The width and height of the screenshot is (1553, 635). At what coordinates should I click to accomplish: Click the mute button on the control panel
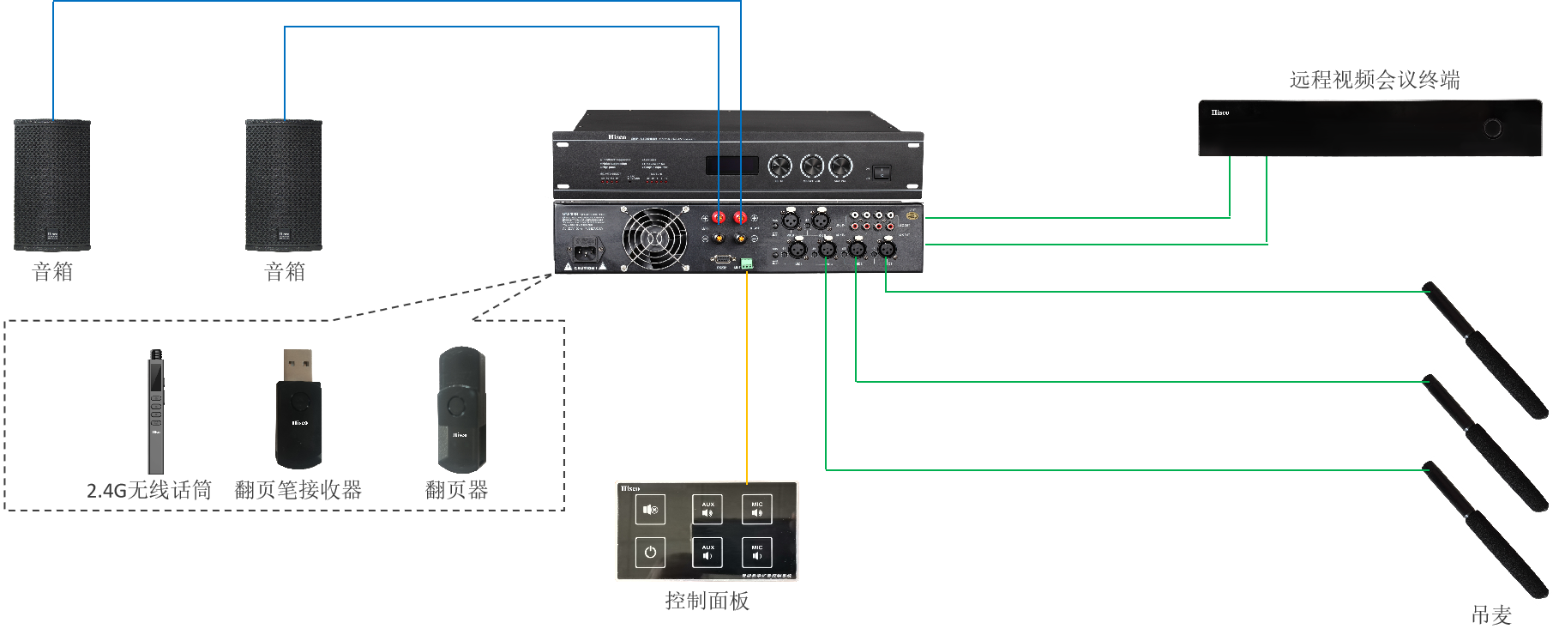650,510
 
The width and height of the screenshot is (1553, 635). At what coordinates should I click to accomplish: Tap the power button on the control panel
650,552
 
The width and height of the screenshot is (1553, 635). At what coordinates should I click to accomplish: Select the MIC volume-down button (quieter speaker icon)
756,552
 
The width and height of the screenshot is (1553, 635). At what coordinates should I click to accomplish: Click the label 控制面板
707,601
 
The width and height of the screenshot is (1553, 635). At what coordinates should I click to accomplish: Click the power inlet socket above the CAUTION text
585,251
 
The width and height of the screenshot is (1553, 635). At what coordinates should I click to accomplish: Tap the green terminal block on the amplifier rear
746,263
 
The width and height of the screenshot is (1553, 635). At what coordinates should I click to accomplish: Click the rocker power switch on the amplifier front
882,172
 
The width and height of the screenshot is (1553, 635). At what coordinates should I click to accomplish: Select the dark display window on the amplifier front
731,166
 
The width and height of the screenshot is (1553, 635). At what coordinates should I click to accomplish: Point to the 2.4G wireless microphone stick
155,412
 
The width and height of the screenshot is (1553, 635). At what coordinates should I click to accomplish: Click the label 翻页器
456,491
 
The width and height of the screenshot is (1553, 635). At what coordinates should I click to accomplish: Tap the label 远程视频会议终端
1374,80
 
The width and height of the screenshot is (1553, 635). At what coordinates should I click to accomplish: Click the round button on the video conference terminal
1493,129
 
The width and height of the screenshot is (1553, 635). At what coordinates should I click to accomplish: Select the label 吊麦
1490,614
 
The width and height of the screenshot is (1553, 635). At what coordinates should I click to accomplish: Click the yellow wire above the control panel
747,378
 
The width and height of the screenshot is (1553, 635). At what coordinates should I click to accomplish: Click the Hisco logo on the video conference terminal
1219,112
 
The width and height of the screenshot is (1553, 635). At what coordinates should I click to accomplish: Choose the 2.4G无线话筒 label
149,491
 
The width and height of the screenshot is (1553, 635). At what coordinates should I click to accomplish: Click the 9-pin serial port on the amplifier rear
721,258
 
